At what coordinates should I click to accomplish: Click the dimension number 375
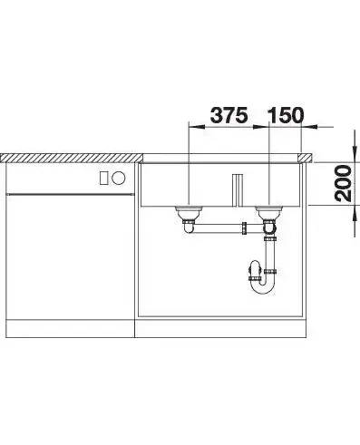pos(229,115)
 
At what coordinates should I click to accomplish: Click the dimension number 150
pos(285,115)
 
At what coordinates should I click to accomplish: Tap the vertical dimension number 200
pos(343,183)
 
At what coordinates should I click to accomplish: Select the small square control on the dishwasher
pos(104,178)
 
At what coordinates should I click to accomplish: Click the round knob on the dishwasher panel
pos(118,178)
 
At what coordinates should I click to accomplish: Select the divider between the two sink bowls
pos(238,189)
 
